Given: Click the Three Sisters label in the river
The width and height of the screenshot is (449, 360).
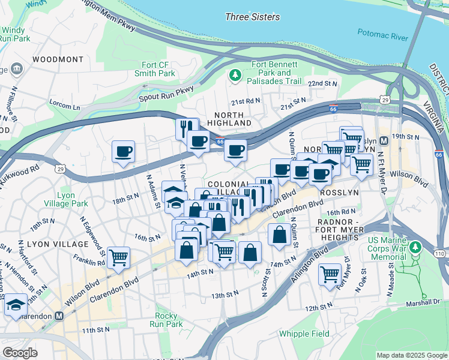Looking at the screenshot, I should tap(249, 17).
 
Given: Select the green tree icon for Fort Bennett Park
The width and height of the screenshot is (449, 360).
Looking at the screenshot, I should tap(235, 74).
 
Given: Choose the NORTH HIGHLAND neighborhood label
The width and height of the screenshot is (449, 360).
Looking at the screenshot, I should tap(229, 119).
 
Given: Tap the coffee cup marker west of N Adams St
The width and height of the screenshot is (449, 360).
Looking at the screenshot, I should tap(124, 151).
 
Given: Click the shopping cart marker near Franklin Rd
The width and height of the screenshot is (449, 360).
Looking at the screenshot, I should tap(119, 257).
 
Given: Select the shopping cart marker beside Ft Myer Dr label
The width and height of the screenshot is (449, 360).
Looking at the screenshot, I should tap(330, 274).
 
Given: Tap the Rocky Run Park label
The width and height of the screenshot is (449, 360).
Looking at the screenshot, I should tap(166, 320).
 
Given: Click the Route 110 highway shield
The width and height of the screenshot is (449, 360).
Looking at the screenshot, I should tap(440, 254).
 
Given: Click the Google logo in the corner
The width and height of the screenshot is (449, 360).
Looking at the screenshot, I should tap(20, 353).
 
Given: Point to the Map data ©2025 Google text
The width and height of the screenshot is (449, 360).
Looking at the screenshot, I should tap(411, 355).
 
